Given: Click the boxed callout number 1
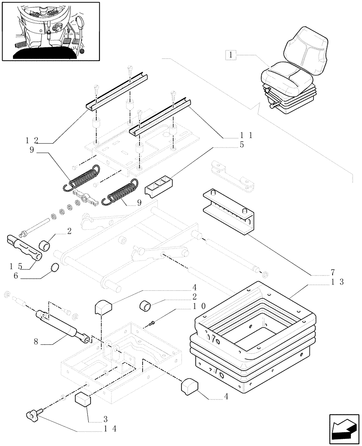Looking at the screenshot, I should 230,55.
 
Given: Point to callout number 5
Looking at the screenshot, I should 241,145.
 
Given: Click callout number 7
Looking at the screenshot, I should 333,272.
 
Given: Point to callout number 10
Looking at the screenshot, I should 199,306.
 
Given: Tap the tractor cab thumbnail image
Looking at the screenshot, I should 50,31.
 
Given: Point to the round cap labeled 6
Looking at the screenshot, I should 55,268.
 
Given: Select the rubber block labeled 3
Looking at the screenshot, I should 83,400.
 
